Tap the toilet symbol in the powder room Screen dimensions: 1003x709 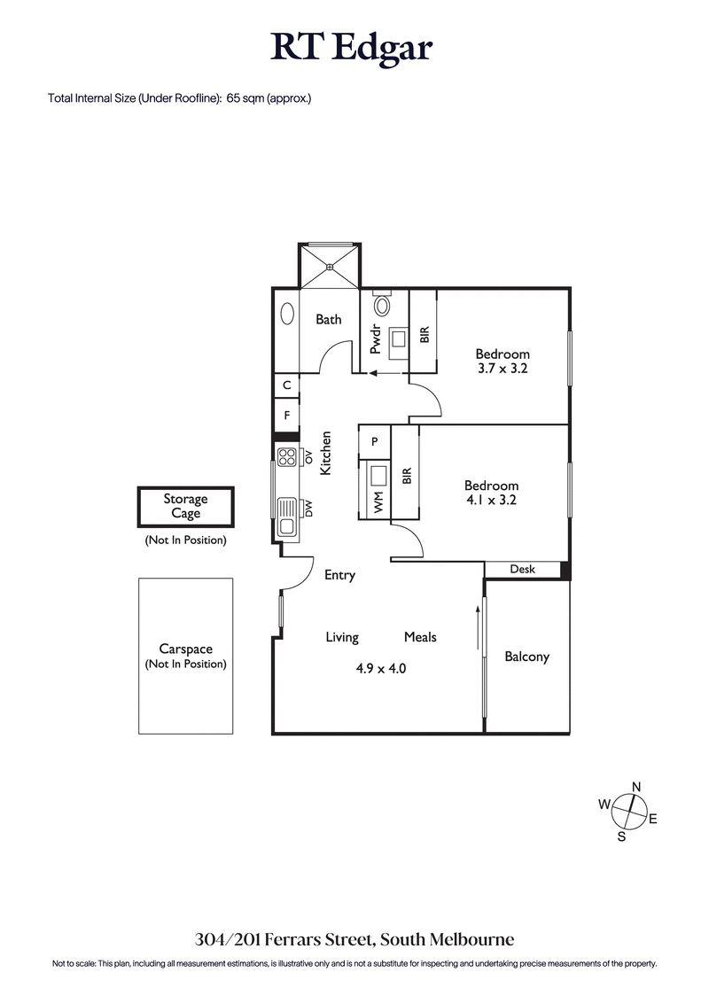pos(383,306)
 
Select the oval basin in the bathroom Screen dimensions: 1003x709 pos(287,314)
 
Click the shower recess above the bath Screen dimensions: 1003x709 pos(331,265)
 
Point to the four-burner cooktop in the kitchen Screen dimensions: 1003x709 pos(287,457)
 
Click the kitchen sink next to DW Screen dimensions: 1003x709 pos(287,517)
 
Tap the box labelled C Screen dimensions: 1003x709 pos(287,385)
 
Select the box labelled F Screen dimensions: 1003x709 pos(287,414)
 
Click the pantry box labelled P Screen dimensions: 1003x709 pos(375,441)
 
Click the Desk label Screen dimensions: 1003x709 pos(523,570)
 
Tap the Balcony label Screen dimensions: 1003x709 pos(526,657)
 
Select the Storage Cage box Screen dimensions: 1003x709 pos(186,507)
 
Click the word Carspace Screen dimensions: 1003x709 pos(185,649)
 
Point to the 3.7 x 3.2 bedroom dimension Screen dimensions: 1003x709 pos(502,369)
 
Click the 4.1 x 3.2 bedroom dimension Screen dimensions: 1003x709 pos(491,500)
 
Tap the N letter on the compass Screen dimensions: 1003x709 pos(635,786)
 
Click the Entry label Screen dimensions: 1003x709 pos(339,575)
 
